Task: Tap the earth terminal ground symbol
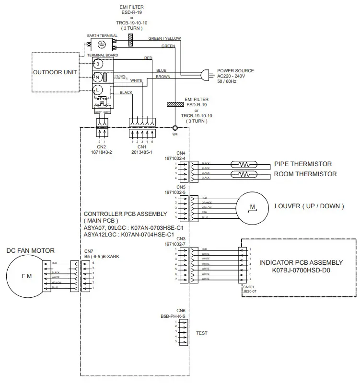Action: tap(101, 45)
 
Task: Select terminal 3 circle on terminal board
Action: tap(97, 63)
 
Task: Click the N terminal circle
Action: tap(97, 77)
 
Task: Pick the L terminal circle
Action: tap(97, 90)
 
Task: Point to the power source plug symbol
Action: tap(207, 74)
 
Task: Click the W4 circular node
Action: tap(175, 128)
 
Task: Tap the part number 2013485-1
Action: tap(142, 152)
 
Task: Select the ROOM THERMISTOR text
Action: tap(305, 174)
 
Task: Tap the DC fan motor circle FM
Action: tap(27, 276)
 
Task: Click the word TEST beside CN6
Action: tap(202, 333)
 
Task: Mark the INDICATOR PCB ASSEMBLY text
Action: tap(301, 262)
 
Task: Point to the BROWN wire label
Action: tap(163, 77)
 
